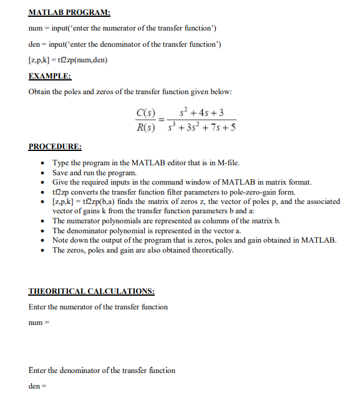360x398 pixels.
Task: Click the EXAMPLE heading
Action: click(50, 76)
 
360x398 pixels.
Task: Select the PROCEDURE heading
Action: click(55, 147)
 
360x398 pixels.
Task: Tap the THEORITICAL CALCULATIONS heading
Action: click(92, 291)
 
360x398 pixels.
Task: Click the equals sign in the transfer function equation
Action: click(162, 120)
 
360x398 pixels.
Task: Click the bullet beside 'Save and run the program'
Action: click(42, 173)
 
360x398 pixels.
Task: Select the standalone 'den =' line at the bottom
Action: click(37, 386)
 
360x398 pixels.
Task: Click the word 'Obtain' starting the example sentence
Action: click(41, 92)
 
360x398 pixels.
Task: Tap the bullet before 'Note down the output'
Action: click(42, 241)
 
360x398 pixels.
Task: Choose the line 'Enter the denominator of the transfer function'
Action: click(102, 370)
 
